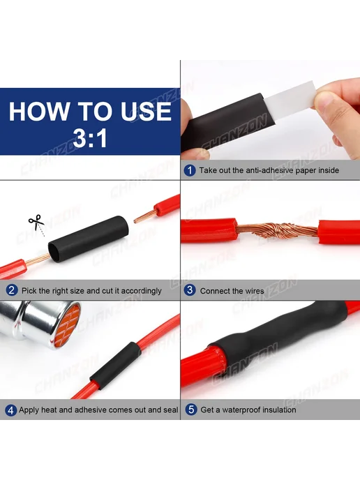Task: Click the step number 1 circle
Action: (x=190, y=170)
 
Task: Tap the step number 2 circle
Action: (x=12, y=290)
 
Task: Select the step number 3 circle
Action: (x=190, y=290)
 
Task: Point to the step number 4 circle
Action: (x=10, y=410)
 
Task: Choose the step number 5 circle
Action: (x=191, y=410)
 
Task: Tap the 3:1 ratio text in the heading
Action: (x=90, y=138)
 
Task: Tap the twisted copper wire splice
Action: (x=277, y=231)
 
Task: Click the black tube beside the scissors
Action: (x=87, y=239)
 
